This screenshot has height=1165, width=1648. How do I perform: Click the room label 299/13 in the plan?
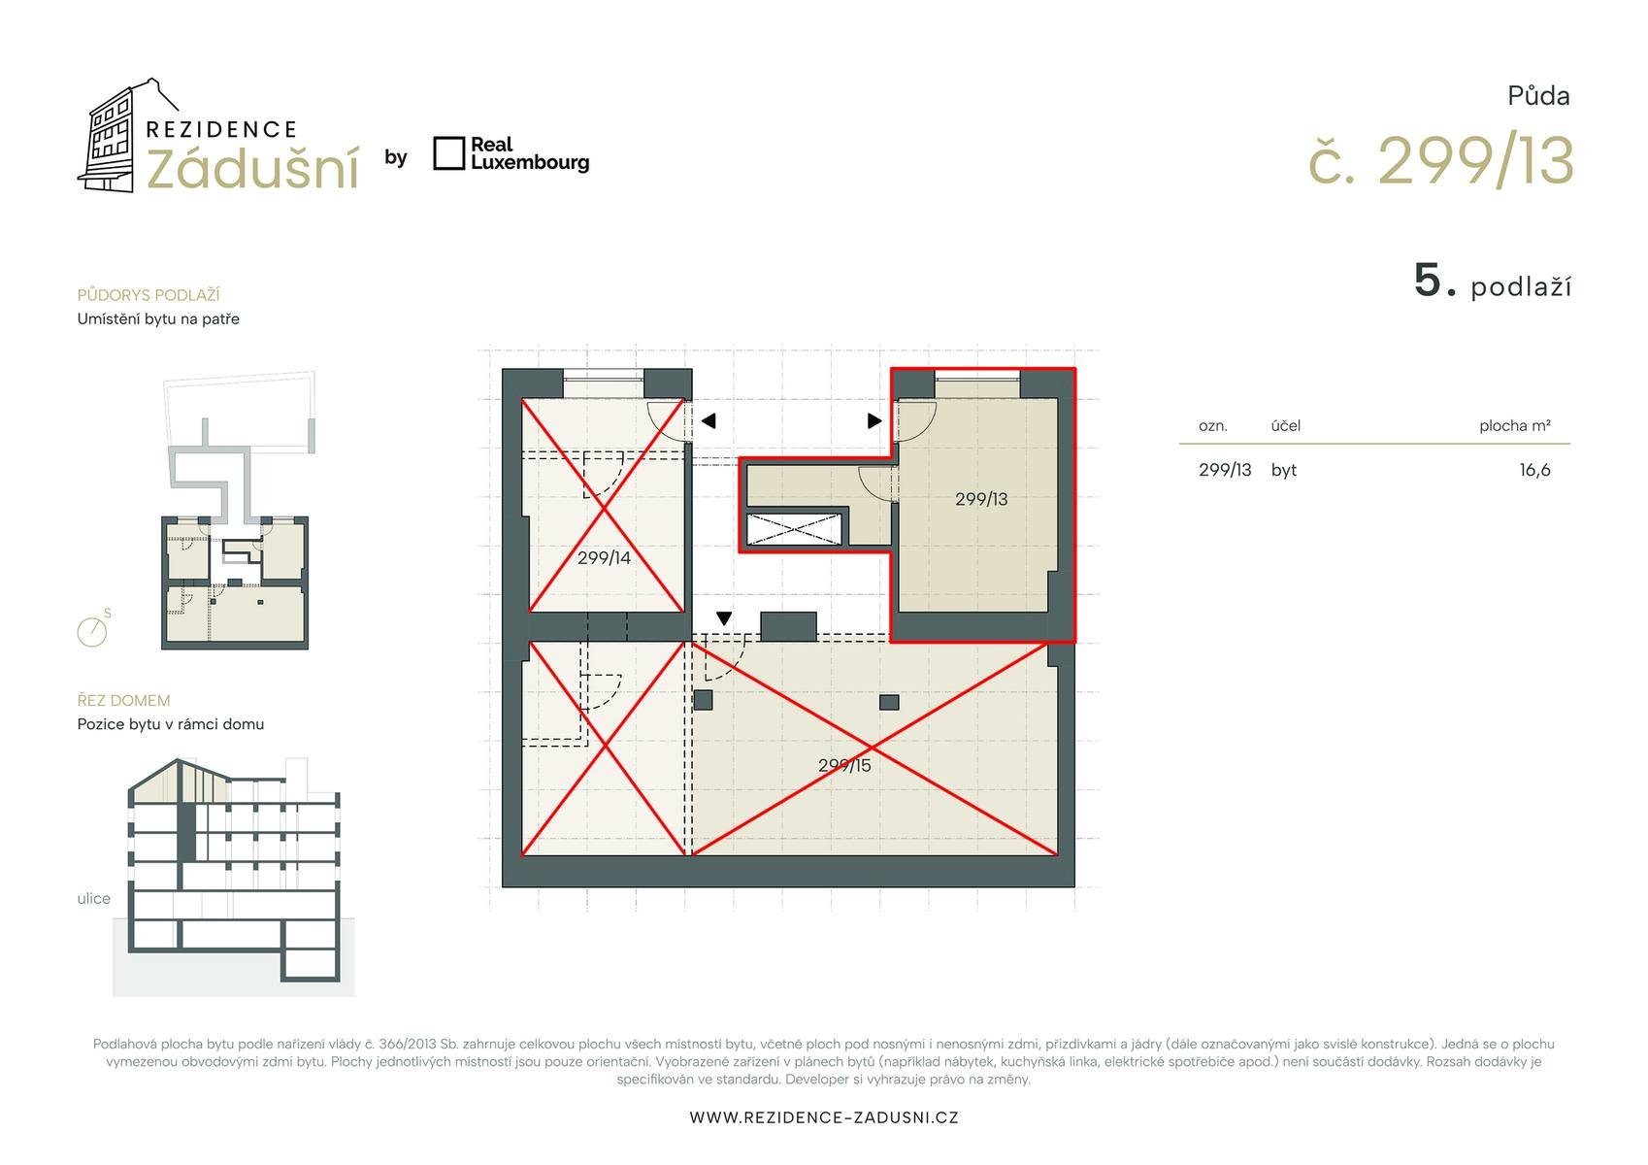(980, 499)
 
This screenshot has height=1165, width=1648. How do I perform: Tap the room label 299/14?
(604, 558)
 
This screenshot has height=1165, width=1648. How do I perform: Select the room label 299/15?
(843, 765)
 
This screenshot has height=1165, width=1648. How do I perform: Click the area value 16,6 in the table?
(1534, 470)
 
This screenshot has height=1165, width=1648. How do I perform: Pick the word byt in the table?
(1283, 470)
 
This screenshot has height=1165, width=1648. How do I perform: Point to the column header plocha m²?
(1515, 425)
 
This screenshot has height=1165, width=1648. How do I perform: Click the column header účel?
(1285, 425)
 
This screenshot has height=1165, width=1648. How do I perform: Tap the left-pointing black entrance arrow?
(709, 421)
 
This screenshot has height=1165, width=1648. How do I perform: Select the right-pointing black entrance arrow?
(874, 421)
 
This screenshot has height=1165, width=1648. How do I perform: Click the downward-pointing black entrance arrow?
(724, 618)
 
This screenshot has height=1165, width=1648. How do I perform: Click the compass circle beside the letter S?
(92, 631)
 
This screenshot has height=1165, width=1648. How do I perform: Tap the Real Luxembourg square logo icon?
(448, 153)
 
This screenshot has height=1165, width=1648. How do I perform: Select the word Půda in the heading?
(1538, 96)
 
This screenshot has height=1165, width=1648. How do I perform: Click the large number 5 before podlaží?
(1428, 281)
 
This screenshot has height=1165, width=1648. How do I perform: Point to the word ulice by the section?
(93, 899)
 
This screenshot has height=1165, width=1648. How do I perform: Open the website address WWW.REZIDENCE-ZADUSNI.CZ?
(824, 1117)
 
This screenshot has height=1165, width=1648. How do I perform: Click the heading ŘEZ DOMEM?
(123, 701)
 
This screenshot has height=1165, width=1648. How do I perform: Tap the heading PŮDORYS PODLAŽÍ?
(148, 295)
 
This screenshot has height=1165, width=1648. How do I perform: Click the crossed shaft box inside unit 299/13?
(793, 529)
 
